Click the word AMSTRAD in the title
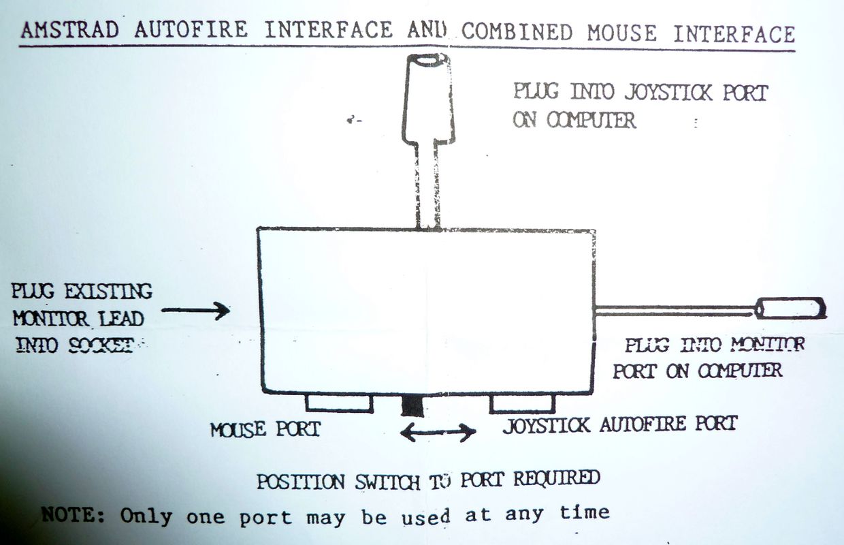click(x=70, y=30)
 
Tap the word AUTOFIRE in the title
click(x=191, y=30)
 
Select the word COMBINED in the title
click(x=517, y=32)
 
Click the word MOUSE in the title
click(x=621, y=33)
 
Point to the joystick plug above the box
click(x=428, y=100)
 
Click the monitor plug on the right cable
click(x=791, y=308)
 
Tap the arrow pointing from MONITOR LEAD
click(x=195, y=311)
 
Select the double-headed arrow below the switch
click(x=438, y=433)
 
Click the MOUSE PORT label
click(x=265, y=430)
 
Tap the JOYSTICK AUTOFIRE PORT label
click(x=620, y=424)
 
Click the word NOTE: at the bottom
click(x=73, y=515)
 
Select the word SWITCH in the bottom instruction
click(x=388, y=482)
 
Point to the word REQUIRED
click(x=557, y=478)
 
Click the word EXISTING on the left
click(x=108, y=291)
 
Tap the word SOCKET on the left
click(x=101, y=345)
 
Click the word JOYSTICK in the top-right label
click(x=668, y=93)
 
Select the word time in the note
click(x=585, y=512)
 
